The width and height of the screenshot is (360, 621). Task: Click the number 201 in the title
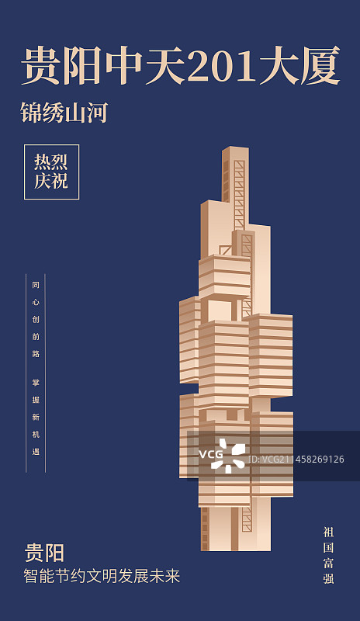click(x=222, y=66)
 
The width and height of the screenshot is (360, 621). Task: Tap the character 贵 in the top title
click(x=41, y=66)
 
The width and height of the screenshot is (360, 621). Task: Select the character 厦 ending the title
click(x=320, y=66)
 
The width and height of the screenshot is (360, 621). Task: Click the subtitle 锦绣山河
click(x=64, y=113)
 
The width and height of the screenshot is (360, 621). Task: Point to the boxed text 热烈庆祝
click(x=51, y=172)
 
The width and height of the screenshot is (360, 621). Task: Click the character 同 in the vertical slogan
click(x=36, y=285)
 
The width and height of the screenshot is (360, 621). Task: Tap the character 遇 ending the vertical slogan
click(x=36, y=452)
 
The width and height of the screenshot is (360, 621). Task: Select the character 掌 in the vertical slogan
click(x=36, y=383)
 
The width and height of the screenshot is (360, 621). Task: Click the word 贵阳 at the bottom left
click(x=44, y=553)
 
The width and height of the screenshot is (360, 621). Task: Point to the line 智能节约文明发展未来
click(x=102, y=576)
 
